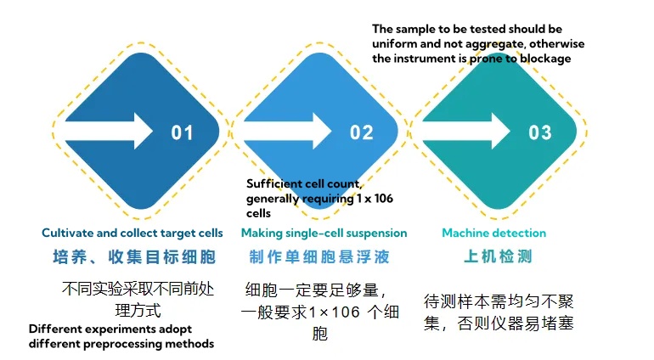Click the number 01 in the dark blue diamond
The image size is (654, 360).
click(183, 132)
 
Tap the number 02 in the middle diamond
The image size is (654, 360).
click(361, 132)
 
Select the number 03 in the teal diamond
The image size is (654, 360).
click(540, 132)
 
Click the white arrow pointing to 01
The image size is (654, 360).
click(110, 131)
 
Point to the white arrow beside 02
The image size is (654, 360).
click(288, 131)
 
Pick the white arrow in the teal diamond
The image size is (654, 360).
click(466, 131)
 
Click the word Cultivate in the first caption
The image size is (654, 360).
click(68, 233)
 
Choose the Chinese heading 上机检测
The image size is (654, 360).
click(498, 256)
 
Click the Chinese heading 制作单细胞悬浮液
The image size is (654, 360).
click(319, 256)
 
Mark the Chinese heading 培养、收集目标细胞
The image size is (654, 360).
click(134, 256)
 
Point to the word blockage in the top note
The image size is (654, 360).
click(545, 59)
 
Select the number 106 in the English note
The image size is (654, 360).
click(383, 198)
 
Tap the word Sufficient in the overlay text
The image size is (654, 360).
click(273, 183)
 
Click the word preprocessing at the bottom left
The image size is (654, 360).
click(122, 344)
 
